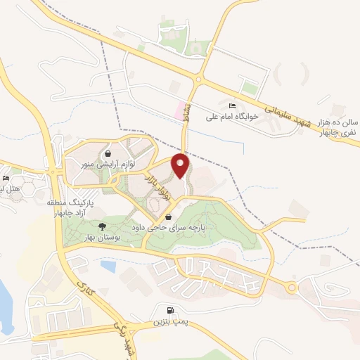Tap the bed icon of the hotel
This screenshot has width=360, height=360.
[x=6, y=178]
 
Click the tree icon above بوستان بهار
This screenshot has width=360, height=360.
[x=102, y=226]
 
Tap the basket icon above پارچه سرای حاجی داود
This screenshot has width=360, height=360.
[x=167, y=217]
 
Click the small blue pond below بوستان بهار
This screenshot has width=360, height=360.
[x=108, y=266]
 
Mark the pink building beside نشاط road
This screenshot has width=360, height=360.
[x=178, y=109]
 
